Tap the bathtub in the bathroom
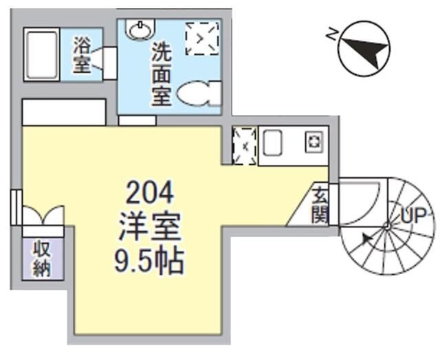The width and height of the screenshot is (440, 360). (x=43, y=55)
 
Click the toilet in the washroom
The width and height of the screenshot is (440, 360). (x=199, y=93)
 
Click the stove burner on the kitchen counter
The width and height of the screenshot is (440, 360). (x=313, y=143)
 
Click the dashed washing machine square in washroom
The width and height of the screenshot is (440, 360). (x=202, y=38)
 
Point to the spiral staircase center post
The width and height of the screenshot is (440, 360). (x=387, y=225)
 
